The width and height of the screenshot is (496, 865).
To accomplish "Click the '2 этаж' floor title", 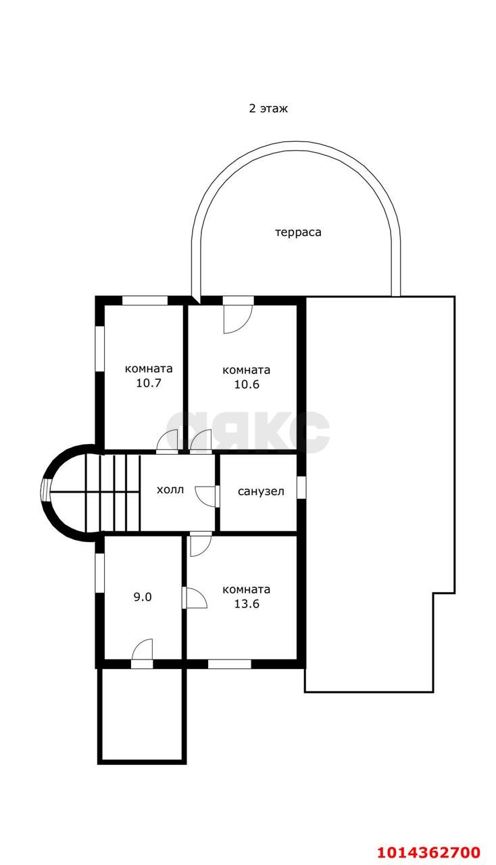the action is (268, 109).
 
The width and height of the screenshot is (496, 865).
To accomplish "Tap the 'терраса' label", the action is (298, 232).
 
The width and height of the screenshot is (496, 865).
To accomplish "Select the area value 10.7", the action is (149, 383).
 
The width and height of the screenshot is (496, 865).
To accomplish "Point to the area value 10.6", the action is (247, 385).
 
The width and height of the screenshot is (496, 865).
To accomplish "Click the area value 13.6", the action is (247, 603).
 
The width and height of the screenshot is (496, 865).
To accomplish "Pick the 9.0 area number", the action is (143, 597).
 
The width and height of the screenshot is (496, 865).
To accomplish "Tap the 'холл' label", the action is (170, 490).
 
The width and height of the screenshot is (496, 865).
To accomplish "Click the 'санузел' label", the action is (261, 491).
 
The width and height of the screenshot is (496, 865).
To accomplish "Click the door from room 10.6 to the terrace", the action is (238, 315).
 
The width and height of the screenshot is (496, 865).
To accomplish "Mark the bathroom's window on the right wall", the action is (301, 487).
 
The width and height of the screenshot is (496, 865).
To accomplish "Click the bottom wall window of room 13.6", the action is (230, 664).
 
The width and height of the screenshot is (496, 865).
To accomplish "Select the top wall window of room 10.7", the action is (145, 301).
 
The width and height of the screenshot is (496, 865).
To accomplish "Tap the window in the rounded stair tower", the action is (46, 491).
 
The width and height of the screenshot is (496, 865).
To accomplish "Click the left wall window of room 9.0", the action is (100, 573).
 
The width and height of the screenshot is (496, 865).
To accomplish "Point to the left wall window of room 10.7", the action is (100, 349).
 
